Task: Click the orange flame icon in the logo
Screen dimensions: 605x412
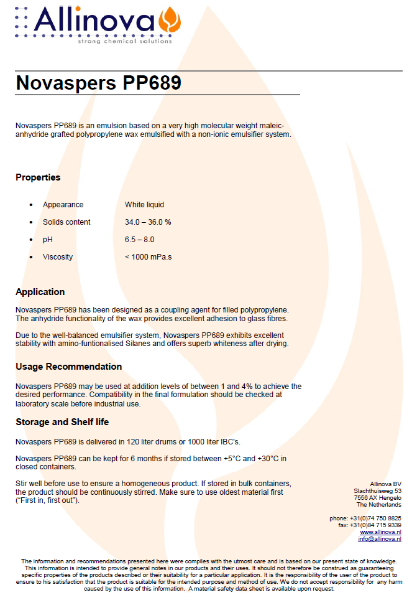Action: coord(170,21)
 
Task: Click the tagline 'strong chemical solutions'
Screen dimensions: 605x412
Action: coord(124,42)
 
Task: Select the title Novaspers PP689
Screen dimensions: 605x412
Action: coord(98,83)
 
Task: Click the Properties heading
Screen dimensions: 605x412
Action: coord(38,177)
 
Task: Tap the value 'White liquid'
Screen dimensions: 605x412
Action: coord(144,205)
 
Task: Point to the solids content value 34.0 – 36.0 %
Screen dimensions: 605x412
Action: coord(148,222)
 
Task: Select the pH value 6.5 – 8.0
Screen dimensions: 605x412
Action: coord(139,240)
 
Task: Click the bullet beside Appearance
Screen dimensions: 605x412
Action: coord(32,205)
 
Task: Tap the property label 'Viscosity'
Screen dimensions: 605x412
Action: coord(58,257)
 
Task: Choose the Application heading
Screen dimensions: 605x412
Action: coord(40,292)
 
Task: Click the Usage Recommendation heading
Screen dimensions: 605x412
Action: coord(68,367)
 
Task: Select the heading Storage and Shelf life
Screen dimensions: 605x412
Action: coord(62,422)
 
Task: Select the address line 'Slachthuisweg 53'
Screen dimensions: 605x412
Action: coord(377,491)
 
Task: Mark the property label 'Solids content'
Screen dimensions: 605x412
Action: coord(66,222)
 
